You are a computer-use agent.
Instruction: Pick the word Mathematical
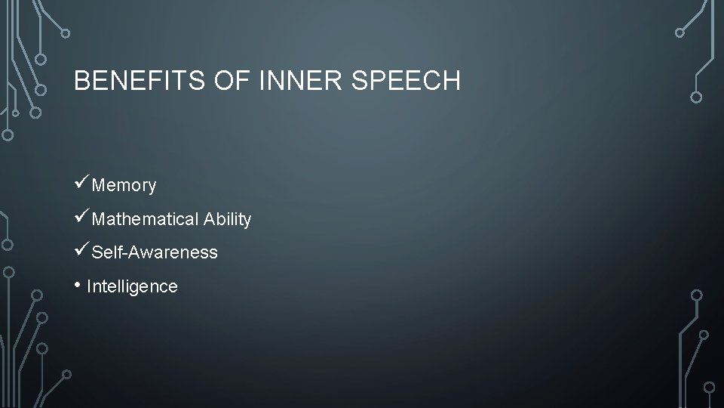(x=145, y=219)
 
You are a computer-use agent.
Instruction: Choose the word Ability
(x=227, y=219)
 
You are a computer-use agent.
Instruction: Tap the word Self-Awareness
(x=155, y=252)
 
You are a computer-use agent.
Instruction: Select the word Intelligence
(x=132, y=286)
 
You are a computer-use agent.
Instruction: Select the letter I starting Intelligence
(x=89, y=286)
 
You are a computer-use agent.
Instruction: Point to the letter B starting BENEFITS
(x=81, y=80)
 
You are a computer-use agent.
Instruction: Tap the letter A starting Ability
(x=208, y=219)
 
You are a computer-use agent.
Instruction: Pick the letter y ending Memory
(x=152, y=187)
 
